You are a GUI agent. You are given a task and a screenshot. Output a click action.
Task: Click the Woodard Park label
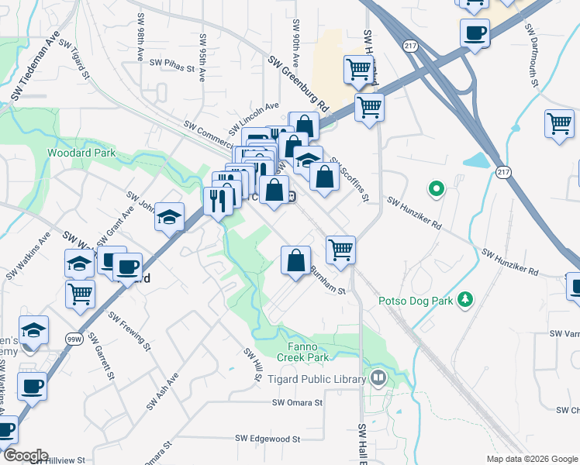point(81,153)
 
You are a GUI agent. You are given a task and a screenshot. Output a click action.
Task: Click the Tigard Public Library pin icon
point(378,379)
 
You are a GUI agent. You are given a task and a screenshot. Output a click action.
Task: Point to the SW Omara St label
point(297,403)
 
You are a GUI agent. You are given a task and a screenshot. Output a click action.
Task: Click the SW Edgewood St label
point(268,439)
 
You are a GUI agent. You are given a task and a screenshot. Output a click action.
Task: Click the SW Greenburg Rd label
point(300,81)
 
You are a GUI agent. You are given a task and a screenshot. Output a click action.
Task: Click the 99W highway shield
point(74,339)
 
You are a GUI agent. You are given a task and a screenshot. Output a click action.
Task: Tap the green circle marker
point(436,188)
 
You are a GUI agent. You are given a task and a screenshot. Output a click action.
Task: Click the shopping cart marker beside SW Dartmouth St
point(559,124)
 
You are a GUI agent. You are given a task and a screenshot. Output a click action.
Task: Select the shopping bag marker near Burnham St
point(295,260)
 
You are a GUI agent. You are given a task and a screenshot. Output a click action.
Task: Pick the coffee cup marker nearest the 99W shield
point(32,385)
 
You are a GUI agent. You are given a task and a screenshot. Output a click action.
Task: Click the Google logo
point(25,456)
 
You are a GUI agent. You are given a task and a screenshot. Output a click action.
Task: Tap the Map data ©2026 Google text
point(531,458)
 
